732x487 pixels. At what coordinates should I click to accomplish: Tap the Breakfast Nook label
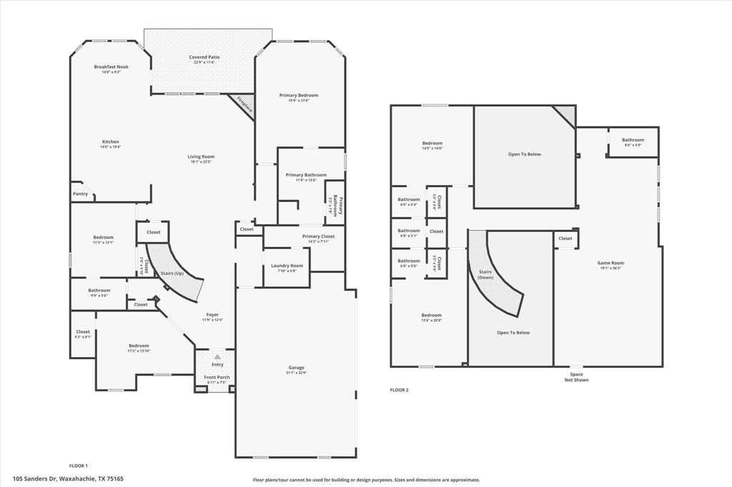coord(111,66)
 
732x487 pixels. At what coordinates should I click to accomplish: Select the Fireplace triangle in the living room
coord(244,106)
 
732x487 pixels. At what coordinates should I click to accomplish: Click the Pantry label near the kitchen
coord(80,194)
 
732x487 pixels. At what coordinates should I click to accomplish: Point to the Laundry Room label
coord(287,266)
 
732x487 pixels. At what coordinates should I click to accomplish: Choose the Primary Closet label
coord(318,236)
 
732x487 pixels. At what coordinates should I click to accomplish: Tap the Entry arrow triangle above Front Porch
coord(217,356)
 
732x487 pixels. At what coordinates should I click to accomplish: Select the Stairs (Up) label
coord(172,273)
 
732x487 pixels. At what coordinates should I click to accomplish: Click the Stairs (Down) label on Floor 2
coord(485,273)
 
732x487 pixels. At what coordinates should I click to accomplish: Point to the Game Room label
coord(610,263)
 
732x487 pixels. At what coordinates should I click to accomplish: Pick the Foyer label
coord(212,314)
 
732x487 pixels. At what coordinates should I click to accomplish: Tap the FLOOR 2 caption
coord(399,390)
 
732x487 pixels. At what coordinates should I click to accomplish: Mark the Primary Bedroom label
coord(298,95)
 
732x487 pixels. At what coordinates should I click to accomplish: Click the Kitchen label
coord(111,141)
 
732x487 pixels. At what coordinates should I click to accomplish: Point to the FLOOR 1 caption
coord(78,466)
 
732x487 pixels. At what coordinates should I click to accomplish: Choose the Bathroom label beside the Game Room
coord(633,140)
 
